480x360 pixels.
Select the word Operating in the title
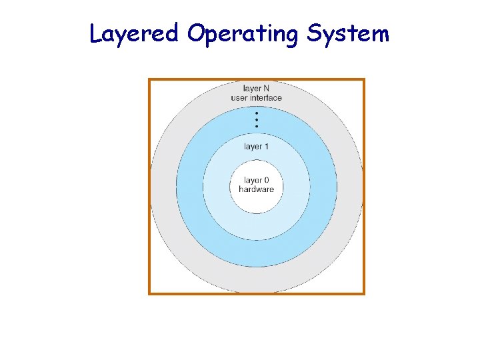pyautogui.click(x=243, y=33)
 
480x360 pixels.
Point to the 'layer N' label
pyautogui.click(x=257, y=88)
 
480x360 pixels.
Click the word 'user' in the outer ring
pyautogui.click(x=240, y=98)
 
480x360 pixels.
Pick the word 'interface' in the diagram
pyautogui.click(x=266, y=98)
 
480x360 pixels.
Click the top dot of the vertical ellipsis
pyautogui.click(x=257, y=113)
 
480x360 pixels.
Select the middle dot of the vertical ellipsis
pyautogui.click(x=257, y=120)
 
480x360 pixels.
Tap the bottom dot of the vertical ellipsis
pyautogui.click(x=257, y=127)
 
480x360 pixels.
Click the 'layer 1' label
pyautogui.click(x=257, y=146)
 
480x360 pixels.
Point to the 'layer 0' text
pyautogui.click(x=257, y=180)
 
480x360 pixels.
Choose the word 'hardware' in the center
pyautogui.click(x=257, y=189)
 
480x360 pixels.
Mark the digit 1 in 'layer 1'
pyautogui.click(x=267, y=146)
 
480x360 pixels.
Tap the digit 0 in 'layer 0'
pyautogui.click(x=267, y=180)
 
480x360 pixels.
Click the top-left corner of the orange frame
pyautogui.click(x=149, y=79)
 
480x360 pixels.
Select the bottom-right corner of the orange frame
pyautogui.click(x=364, y=293)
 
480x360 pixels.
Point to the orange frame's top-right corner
pyautogui.click(x=364, y=79)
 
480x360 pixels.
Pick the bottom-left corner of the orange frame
pyautogui.click(x=149, y=293)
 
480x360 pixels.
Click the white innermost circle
pyautogui.click(x=257, y=200)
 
